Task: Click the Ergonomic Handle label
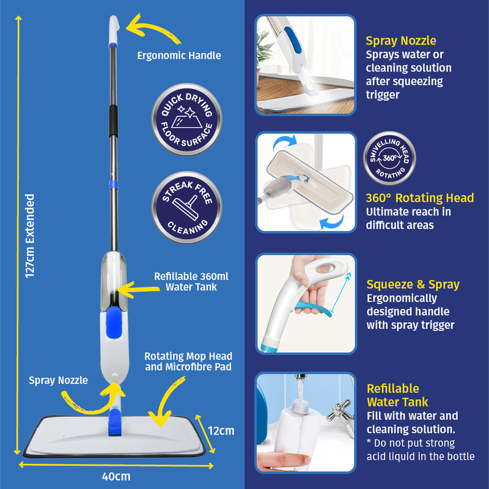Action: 179,56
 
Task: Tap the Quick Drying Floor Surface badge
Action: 187,119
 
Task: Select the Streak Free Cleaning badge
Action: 187,207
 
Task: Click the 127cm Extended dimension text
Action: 30,236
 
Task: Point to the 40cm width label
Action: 116,477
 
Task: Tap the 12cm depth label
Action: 221,431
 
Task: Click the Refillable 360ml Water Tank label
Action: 191,282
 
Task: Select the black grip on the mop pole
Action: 113,121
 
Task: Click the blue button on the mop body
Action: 114,322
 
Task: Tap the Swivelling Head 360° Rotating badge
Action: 389,158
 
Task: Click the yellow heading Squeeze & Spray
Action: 413,284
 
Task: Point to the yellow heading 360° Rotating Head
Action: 420,197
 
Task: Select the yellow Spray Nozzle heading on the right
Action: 401,40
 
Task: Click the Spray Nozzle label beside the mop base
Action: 58,380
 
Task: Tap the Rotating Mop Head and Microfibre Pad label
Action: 188,361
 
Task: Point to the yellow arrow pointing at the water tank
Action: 138,289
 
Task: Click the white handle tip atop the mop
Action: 114,29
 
